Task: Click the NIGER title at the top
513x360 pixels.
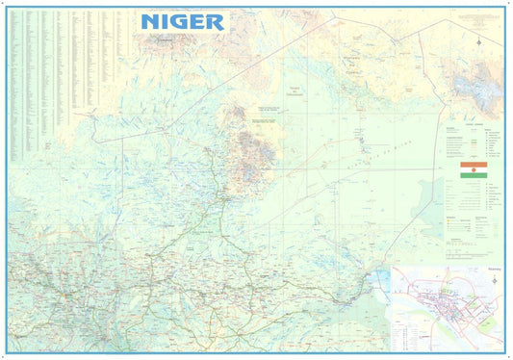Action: point(182,21)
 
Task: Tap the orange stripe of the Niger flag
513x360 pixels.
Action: point(474,165)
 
